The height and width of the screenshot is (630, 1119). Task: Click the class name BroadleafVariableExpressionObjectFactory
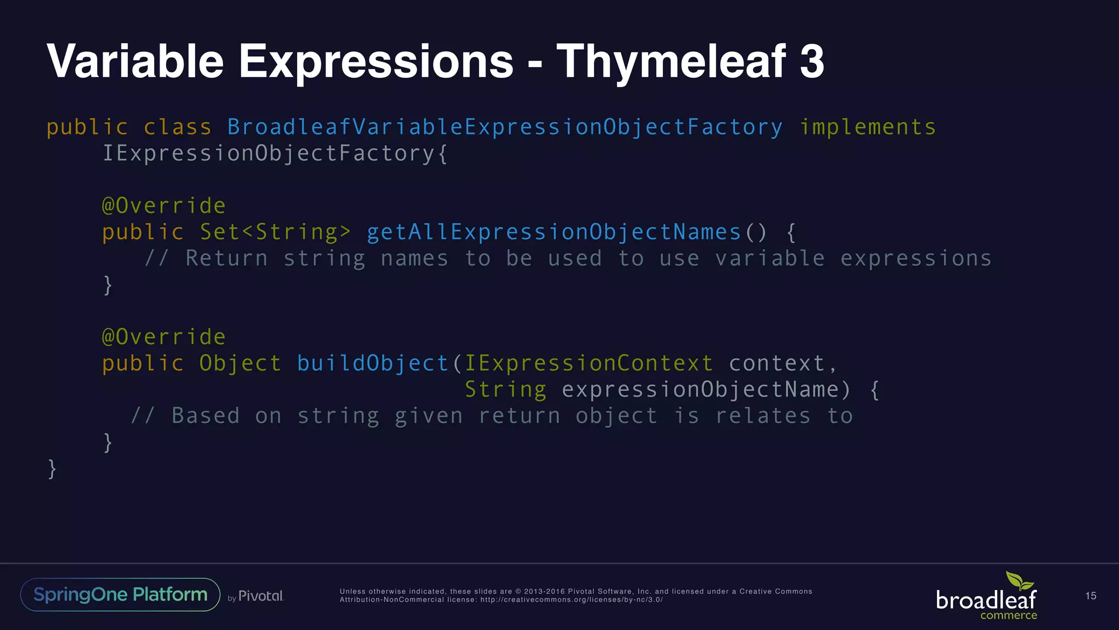click(x=505, y=127)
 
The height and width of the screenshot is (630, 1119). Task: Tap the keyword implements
click(x=868, y=127)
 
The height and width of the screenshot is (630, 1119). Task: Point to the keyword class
click(x=177, y=127)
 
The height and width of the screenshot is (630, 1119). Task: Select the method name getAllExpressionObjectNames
click(x=553, y=232)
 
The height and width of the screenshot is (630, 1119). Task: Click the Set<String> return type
click(x=275, y=232)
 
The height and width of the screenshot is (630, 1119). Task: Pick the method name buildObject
click(x=373, y=364)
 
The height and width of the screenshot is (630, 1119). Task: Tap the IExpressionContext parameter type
click(x=588, y=364)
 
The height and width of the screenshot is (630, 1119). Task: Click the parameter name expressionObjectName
click(x=700, y=390)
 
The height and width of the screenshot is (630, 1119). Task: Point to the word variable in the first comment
click(x=770, y=259)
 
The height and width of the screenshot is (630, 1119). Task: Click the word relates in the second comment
click(x=763, y=416)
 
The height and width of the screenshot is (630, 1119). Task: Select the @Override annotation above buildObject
click(x=164, y=337)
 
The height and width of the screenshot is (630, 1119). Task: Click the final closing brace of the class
click(x=52, y=469)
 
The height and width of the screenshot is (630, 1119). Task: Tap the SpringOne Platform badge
click(x=120, y=594)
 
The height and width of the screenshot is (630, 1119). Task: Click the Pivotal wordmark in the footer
click(x=261, y=596)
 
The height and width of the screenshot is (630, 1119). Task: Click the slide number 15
click(x=1091, y=596)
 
